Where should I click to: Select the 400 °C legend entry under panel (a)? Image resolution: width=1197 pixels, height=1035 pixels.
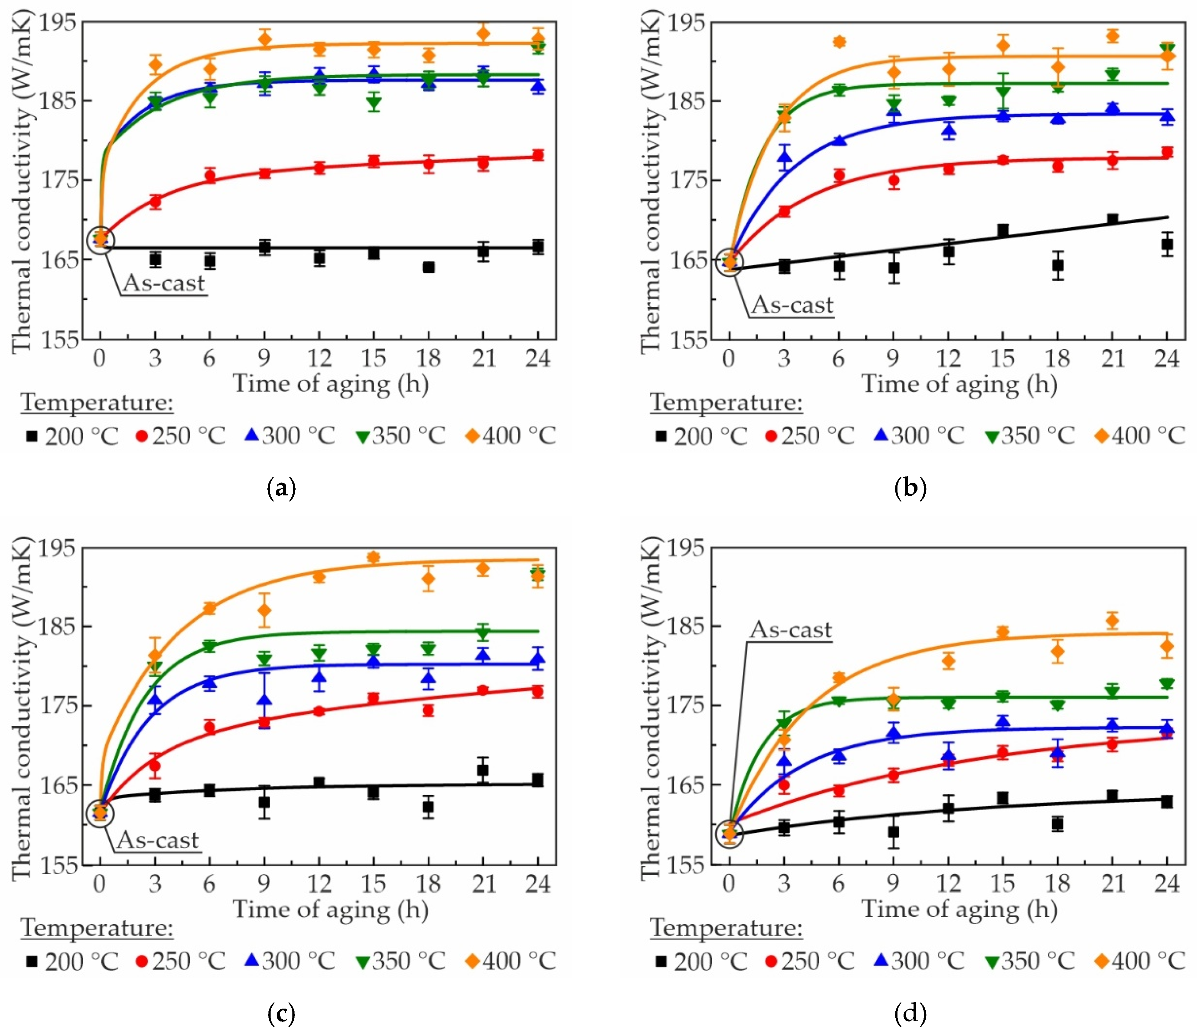tap(511, 435)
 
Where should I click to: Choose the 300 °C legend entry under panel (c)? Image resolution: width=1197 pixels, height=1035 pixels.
tap(290, 961)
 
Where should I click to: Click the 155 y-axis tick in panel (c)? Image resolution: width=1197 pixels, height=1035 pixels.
tap(57, 865)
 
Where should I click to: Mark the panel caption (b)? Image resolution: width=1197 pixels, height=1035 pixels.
tap(910, 489)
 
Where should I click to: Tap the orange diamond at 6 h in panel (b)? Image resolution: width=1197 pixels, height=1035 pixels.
tap(839, 42)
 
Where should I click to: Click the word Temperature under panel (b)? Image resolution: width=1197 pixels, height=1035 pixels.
tap(726, 403)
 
